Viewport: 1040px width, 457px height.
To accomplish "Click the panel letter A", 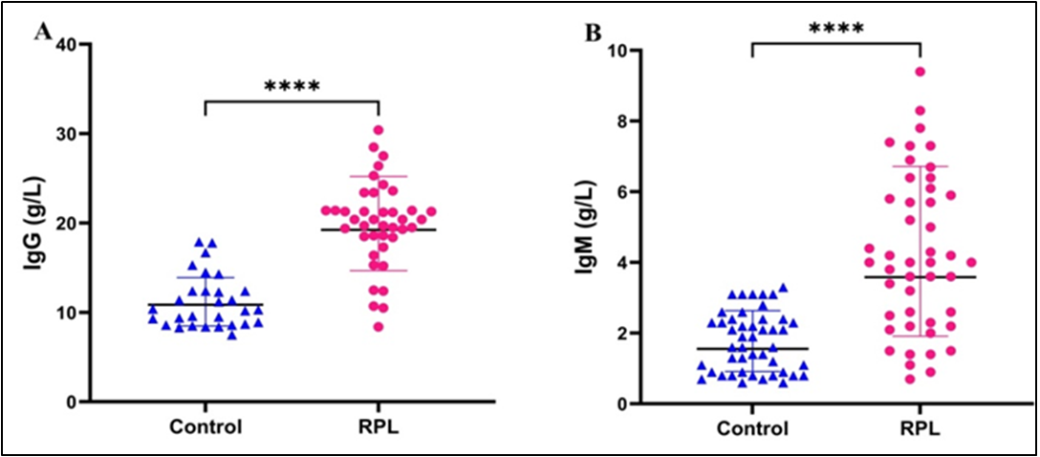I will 41,33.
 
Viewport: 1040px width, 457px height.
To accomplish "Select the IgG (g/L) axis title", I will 35,222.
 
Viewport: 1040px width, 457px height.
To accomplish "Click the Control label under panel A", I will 205,427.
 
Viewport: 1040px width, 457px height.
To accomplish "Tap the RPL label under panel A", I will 379,427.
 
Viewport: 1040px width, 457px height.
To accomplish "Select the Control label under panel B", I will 752,429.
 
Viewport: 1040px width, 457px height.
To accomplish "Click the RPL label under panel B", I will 919,429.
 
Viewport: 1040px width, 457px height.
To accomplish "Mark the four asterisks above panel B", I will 835,28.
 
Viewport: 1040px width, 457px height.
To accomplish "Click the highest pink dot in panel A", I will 379,130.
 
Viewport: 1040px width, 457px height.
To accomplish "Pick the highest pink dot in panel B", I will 920,72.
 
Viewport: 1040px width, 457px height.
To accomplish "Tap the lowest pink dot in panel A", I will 379,327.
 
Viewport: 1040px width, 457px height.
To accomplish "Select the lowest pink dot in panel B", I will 911,380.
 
